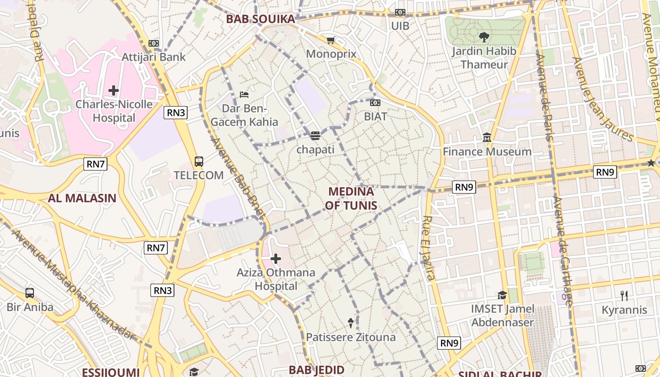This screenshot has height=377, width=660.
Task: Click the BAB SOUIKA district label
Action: pos(260,19)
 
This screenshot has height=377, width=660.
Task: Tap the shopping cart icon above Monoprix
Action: pos(331,41)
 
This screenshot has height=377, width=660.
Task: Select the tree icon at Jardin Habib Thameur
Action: pos(484,37)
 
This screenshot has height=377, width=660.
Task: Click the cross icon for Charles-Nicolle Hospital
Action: pos(114,90)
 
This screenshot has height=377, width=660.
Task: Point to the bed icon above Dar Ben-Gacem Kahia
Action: pos(244,95)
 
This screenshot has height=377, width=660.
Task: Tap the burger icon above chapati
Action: pos(315,136)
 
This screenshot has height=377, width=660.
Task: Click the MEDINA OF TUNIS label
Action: pos(351,198)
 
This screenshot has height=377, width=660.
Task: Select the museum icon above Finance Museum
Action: pos(487,138)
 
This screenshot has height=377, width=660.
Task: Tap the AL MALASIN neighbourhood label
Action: pos(82,198)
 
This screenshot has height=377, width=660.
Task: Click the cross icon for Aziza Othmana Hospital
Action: pos(276,259)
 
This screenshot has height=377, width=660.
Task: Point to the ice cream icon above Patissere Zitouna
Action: pos(351,323)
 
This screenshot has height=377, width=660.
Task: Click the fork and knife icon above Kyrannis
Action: pos(624,296)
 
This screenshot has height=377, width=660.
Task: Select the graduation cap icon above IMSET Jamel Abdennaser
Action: pos(502,295)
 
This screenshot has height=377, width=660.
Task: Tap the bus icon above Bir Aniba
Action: pos(30,293)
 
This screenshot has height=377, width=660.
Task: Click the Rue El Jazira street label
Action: pos(429,248)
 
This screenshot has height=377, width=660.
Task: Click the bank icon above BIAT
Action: pos(375,103)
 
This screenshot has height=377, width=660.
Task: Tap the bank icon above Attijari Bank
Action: pos(154,43)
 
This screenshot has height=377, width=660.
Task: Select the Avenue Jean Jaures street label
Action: pos(603,99)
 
